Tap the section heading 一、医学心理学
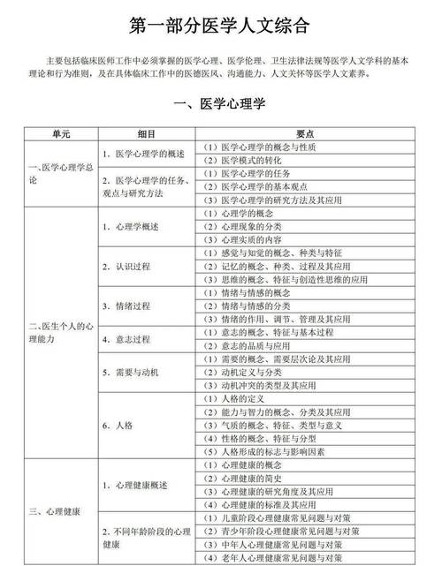[221, 105]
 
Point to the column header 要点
[306, 133]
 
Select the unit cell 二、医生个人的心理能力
[58, 332]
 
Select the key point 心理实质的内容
[251, 239]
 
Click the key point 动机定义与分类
[251, 373]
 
